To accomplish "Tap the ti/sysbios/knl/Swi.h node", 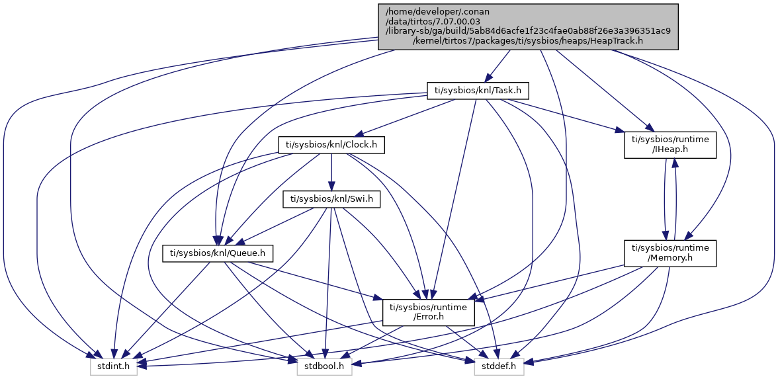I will [331, 198].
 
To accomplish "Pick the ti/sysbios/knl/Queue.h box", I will [218, 252].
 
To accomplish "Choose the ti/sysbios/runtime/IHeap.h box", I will [670, 144].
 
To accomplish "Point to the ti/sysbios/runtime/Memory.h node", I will [670, 253].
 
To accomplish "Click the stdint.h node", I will [114, 364].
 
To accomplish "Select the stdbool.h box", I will [324, 364].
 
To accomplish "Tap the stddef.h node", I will [499, 364].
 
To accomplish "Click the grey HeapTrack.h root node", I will [528, 26].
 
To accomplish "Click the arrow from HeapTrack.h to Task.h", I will [497, 65].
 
